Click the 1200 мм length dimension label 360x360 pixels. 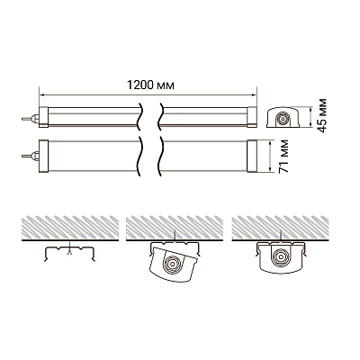[150, 85]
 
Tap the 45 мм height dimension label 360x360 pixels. [322, 115]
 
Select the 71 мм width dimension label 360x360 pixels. [283, 156]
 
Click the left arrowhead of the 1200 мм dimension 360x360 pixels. [42, 95]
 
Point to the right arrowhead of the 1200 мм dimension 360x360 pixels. [254, 95]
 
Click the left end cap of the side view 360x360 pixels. [43, 117]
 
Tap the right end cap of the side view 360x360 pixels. [252, 117]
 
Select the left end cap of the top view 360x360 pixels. [43, 156]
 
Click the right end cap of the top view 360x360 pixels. [252, 156]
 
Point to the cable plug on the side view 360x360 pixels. [31, 119]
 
